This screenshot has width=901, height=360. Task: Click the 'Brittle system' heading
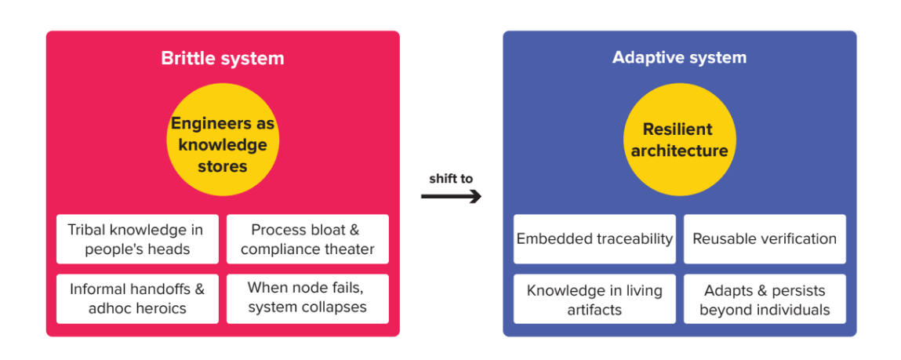(223, 58)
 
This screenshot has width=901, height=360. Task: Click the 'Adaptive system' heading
(679, 57)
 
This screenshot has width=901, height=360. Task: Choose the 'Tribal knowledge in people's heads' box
(137, 239)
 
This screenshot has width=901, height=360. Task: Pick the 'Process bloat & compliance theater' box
(307, 239)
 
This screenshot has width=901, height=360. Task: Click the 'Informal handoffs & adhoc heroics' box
(137, 298)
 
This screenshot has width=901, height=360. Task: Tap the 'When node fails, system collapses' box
(307, 298)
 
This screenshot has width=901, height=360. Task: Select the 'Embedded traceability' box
(594, 239)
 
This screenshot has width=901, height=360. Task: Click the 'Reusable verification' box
(765, 239)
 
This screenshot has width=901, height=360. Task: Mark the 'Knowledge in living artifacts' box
(594, 299)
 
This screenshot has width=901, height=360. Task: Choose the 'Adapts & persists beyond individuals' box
(765, 299)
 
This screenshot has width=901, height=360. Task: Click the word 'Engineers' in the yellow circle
(202, 124)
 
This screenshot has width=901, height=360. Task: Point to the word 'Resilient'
(678, 129)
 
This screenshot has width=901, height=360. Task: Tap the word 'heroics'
(160, 308)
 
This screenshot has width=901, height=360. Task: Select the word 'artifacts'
(594, 309)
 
